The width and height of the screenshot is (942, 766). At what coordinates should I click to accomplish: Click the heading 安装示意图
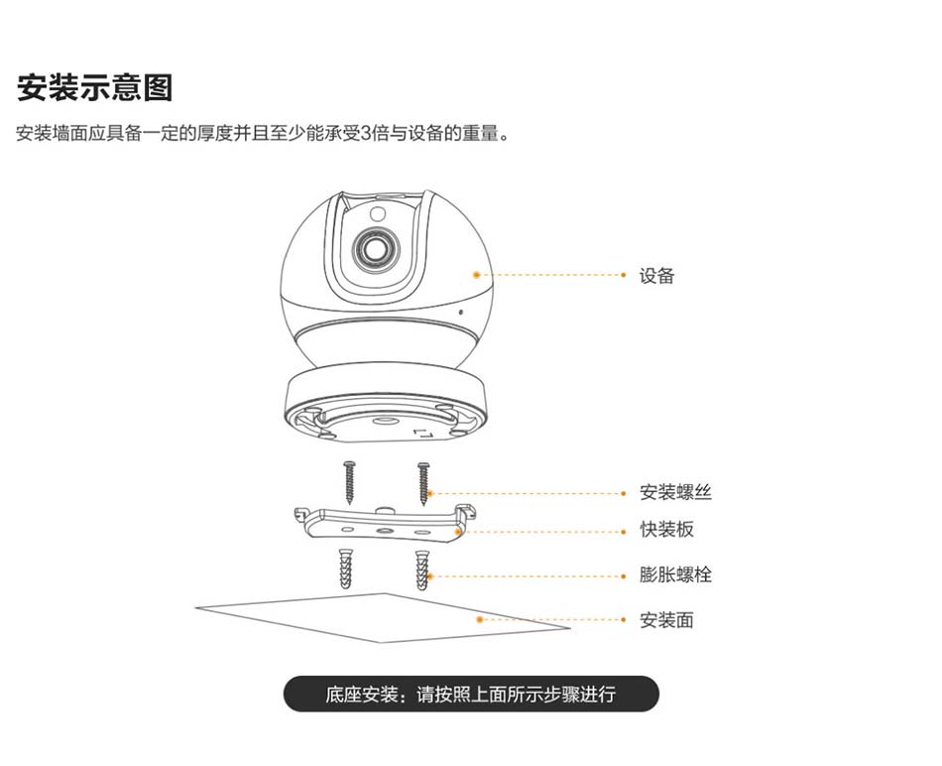pos(95,87)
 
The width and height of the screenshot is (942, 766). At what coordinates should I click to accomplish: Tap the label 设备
pos(656,276)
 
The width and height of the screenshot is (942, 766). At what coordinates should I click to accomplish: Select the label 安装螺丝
pos(675,493)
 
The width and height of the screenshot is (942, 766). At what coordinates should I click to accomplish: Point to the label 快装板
pos(666,530)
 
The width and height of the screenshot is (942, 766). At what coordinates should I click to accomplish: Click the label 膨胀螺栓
pos(675,575)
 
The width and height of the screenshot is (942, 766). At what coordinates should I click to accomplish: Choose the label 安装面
pos(666,620)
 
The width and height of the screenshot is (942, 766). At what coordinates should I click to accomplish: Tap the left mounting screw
pos(349,480)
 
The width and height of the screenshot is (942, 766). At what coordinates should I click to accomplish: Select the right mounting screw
pos(423,480)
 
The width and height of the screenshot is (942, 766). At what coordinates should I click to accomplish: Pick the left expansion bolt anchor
pos(345,569)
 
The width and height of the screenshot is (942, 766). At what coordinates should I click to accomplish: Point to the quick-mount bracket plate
pos(382,524)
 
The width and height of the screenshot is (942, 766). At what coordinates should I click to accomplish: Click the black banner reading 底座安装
pos(471,695)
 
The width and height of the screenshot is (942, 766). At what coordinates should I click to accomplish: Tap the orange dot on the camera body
pos(477,274)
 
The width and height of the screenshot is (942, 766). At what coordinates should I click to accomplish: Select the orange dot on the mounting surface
pos(480,619)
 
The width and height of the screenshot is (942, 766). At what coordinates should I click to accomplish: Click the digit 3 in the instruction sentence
pos(364,133)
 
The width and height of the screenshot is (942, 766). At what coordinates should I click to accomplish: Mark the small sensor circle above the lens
pos(378,213)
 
